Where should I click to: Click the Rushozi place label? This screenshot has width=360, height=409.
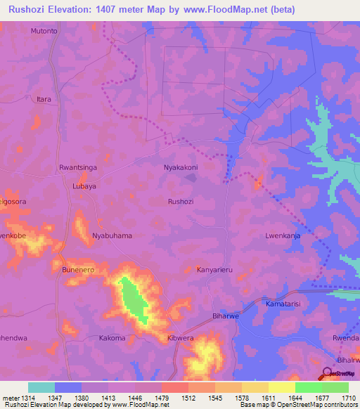(x=181, y=201)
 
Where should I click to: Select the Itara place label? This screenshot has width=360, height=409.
(x=44, y=100)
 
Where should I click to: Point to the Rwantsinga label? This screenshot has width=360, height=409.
(x=78, y=168)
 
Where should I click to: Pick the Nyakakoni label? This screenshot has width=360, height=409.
(x=181, y=168)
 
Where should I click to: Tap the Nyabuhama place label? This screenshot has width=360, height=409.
(x=112, y=236)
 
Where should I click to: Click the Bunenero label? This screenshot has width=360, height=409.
(x=78, y=270)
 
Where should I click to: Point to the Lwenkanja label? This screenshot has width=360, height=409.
(x=283, y=236)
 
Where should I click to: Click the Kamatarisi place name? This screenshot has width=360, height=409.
(x=283, y=304)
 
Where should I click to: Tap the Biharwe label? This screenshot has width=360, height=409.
(x=227, y=317)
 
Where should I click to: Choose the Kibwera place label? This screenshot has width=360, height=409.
(x=181, y=338)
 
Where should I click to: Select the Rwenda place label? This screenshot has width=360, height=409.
(x=345, y=338)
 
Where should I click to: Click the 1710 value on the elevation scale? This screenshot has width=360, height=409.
(x=349, y=398)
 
